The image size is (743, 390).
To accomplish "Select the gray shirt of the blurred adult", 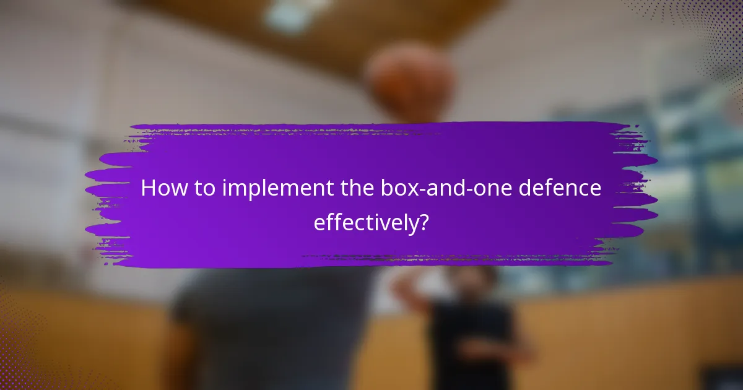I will coord(272,328).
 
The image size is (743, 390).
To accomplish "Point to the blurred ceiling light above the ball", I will coord(291,15).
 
